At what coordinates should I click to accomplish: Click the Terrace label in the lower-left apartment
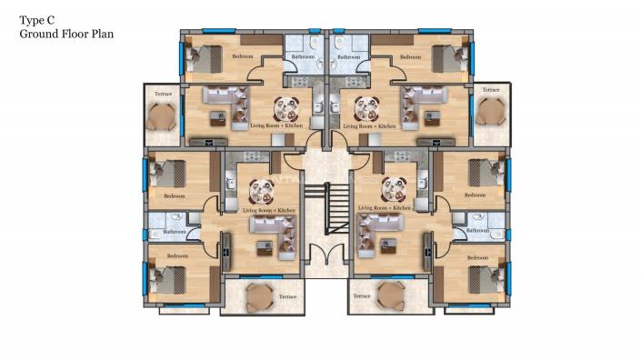pyautogui.click(x=287, y=296)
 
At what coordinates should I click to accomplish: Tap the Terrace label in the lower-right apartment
pyautogui.click(x=361, y=296)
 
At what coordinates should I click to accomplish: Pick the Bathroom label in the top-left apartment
pyautogui.click(x=302, y=57)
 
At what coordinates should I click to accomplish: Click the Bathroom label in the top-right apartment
pyautogui.click(x=349, y=57)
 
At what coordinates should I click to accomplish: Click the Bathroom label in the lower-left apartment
pyautogui.click(x=174, y=232)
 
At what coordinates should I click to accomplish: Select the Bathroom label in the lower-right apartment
pyautogui.click(x=479, y=232)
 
